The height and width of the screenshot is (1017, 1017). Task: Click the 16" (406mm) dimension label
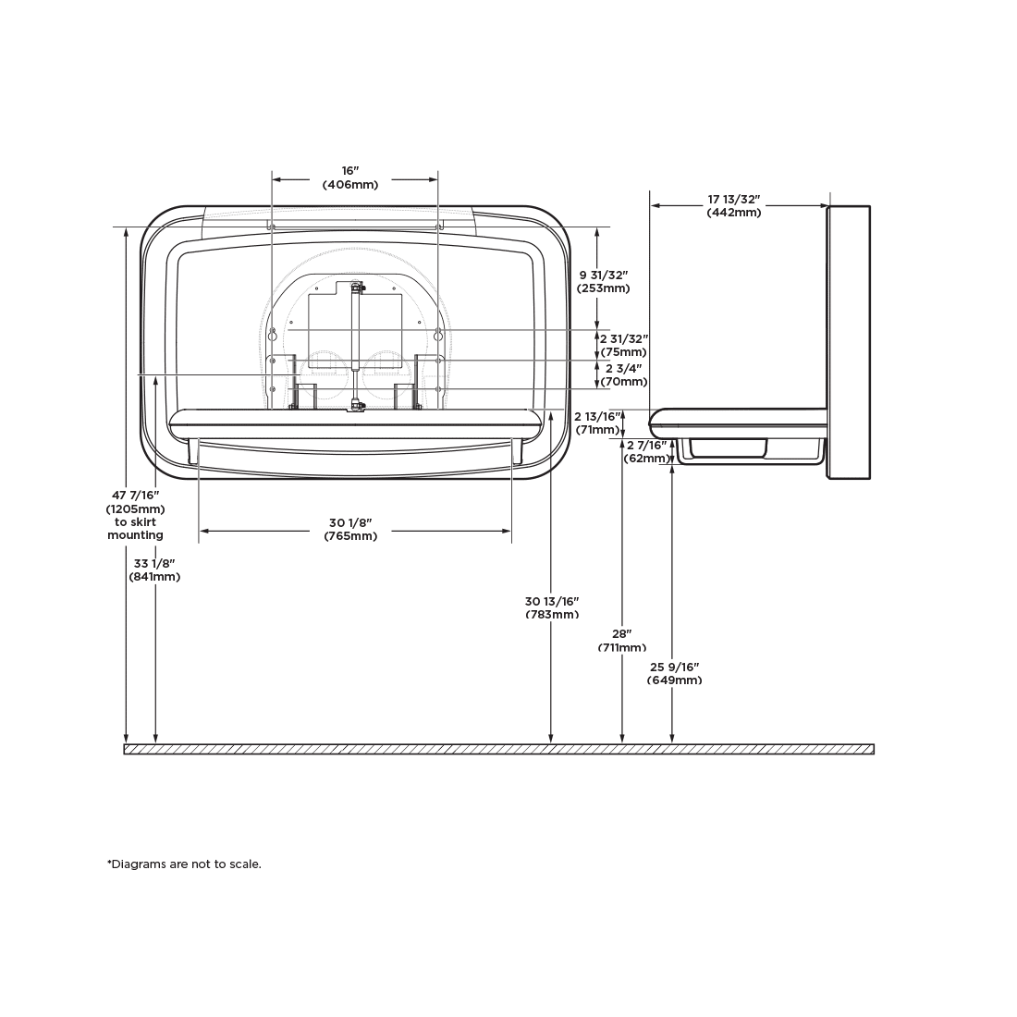[x=350, y=178]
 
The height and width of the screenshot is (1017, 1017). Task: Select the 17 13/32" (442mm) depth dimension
[x=733, y=205]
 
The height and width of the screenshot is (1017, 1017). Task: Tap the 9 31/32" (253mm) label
[x=604, y=281]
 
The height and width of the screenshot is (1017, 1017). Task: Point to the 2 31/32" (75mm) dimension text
[x=623, y=345]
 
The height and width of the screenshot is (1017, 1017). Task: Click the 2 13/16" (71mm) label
[x=597, y=423]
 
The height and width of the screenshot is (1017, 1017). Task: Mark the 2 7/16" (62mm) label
[x=646, y=451]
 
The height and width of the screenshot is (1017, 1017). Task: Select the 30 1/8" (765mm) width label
[x=350, y=529]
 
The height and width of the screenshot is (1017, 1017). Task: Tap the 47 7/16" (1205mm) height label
[x=136, y=502]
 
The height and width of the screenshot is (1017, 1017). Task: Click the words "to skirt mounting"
[x=136, y=528]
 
